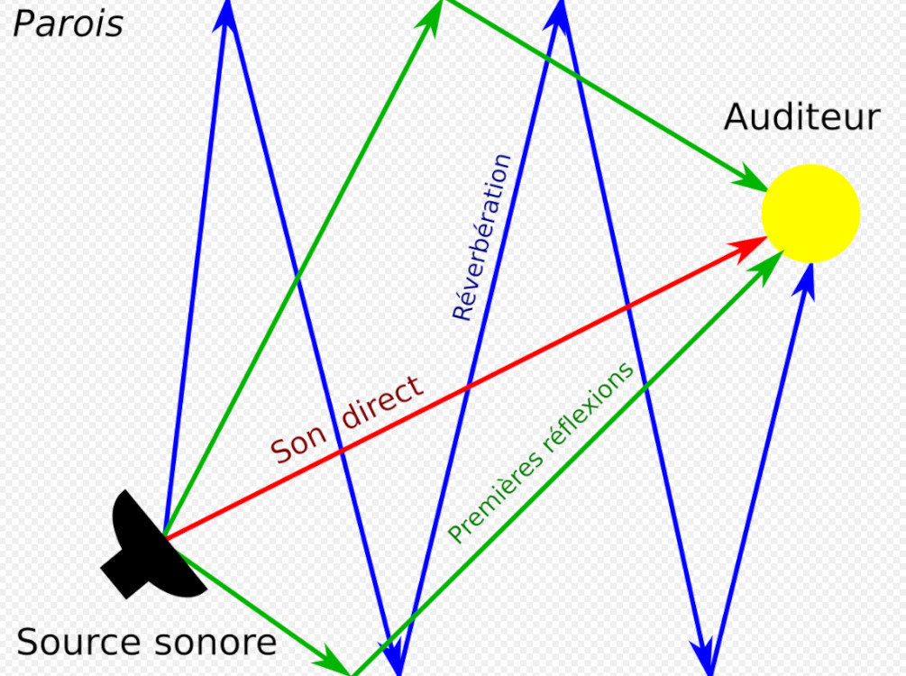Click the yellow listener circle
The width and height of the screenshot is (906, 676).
pyautogui.click(x=810, y=214)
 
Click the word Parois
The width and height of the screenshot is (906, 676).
pyautogui.click(x=68, y=23)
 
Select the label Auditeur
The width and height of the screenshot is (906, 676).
pyautogui.click(x=801, y=117)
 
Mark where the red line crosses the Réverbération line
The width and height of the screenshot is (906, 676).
pyautogui.click(x=466, y=388)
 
